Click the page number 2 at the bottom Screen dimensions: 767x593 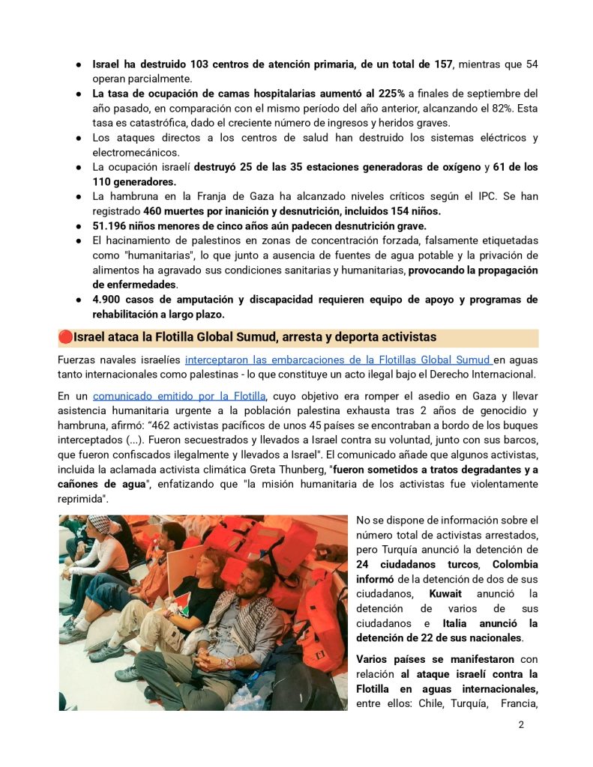520,725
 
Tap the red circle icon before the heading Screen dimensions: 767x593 66,337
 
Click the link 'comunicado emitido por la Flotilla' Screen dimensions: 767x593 178,396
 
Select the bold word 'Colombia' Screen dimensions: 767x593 515,564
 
